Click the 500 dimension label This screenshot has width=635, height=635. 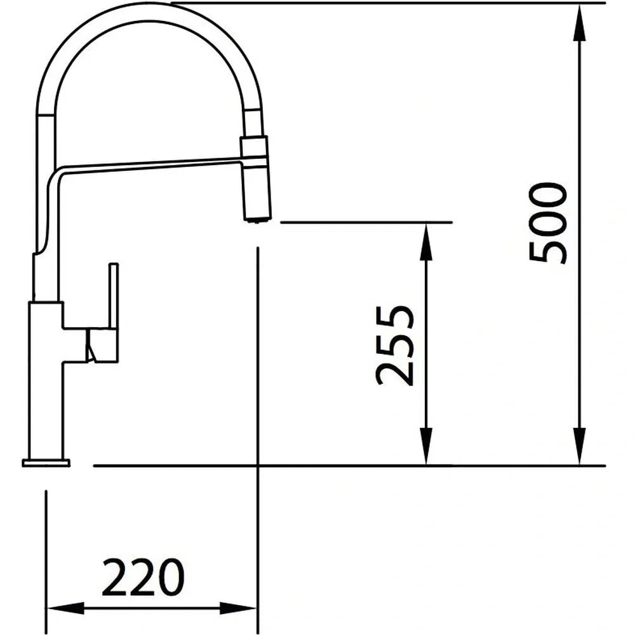point(548,223)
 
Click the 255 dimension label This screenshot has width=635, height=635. point(395,346)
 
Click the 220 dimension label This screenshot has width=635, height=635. point(143,578)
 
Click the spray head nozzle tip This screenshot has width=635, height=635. point(257,220)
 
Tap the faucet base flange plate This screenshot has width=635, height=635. point(46,462)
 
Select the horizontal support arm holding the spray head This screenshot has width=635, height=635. point(152,166)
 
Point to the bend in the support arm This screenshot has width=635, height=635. point(53,175)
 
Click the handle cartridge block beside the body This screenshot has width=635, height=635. point(102,345)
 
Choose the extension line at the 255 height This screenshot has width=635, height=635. point(366,222)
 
